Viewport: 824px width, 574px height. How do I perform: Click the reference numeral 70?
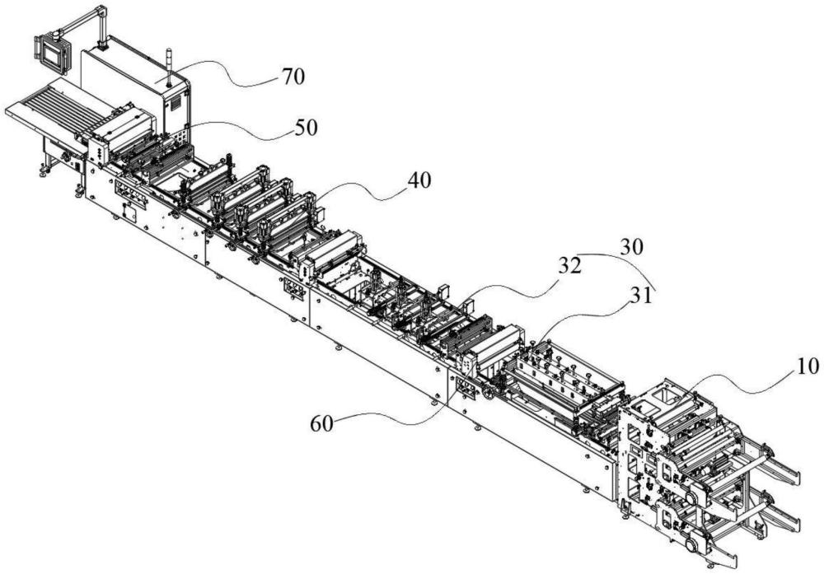[292, 78]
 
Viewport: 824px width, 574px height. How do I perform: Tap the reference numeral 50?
[305, 128]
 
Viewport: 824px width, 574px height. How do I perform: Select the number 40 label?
[418, 179]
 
